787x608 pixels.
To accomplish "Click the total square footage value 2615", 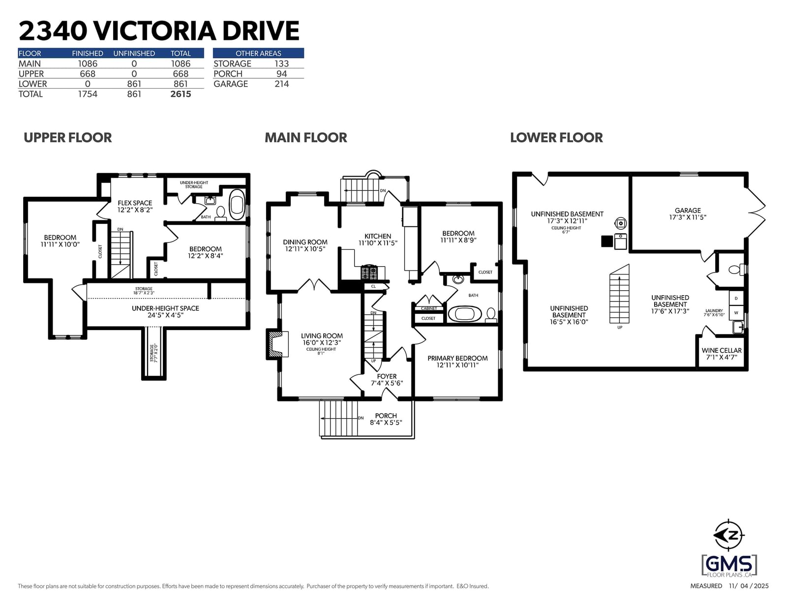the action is (x=181, y=94).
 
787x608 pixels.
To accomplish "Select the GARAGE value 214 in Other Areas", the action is (x=281, y=84).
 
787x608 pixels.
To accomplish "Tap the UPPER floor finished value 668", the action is (x=87, y=74).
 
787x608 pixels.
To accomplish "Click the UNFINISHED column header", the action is (x=134, y=54).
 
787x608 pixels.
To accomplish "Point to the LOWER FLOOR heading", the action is (x=556, y=138).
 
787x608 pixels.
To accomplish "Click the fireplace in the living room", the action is (x=277, y=344).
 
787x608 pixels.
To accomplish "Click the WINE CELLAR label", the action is (x=722, y=351).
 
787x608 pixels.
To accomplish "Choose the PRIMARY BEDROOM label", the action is (x=457, y=358).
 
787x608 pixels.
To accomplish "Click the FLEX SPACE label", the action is (x=135, y=203).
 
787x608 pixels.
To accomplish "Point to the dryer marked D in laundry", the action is (x=736, y=298).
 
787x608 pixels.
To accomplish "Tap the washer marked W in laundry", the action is (x=736, y=312).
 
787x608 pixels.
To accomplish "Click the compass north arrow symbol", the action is (x=728, y=535).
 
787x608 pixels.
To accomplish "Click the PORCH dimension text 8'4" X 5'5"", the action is (x=386, y=423).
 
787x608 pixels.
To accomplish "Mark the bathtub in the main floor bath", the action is (x=465, y=314).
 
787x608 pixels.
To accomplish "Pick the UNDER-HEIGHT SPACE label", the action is (x=165, y=308).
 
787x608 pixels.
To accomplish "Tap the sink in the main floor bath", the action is (x=458, y=279).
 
